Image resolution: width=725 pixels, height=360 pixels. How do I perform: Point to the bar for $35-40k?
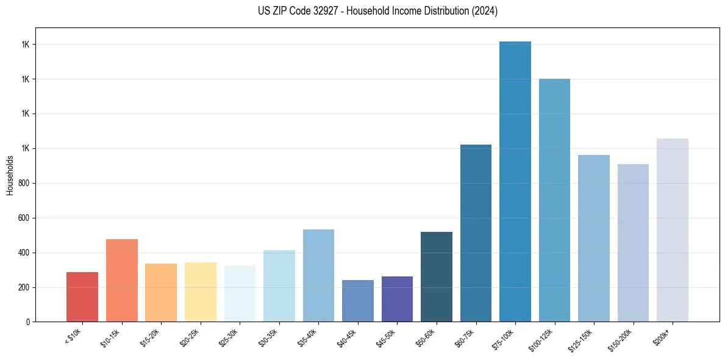[318, 275]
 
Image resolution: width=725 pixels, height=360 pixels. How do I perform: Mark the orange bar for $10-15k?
[122, 280]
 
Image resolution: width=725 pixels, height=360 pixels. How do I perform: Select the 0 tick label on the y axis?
[28, 322]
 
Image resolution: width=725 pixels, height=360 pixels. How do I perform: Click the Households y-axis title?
[10, 175]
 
